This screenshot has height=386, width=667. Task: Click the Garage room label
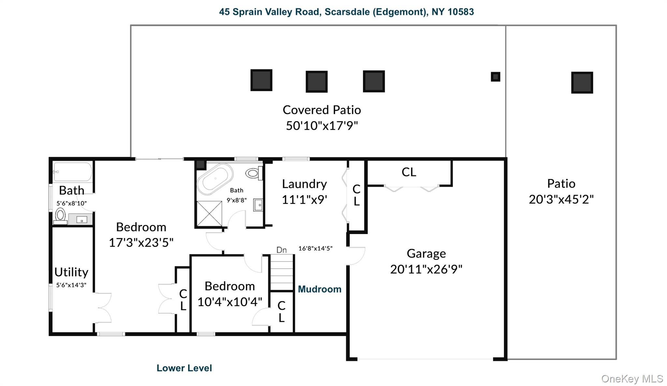(426, 254)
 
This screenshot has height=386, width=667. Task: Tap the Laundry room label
(304, 184)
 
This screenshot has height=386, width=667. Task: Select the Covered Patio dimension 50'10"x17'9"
(322, 126)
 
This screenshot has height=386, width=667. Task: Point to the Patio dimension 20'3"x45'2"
(561, 200)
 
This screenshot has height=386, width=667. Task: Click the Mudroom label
(319, 289)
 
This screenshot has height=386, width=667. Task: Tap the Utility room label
(71, 272)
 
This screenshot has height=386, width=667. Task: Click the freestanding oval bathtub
(215, 179)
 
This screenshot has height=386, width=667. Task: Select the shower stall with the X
(209, 214)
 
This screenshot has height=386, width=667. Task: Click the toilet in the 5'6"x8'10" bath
(60, 215)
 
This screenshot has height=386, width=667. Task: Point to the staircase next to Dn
(282, 273)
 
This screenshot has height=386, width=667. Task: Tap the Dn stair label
(281, 250)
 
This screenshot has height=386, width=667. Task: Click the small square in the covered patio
(495, 77)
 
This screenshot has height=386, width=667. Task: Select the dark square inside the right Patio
(582, 83)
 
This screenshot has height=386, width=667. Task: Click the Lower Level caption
(184, 368)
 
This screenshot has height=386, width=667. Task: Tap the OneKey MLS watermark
(632, 379)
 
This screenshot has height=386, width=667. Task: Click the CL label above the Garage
(409, 172)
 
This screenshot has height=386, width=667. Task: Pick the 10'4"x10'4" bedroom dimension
(230, 302)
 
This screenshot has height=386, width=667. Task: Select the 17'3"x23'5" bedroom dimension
(141, 243)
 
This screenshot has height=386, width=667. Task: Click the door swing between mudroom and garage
(356, 256)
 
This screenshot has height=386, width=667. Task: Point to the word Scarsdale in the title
(347, 12)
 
